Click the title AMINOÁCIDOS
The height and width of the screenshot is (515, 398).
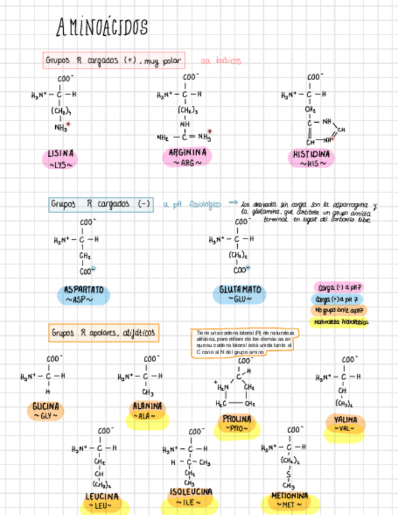tap(102, 27)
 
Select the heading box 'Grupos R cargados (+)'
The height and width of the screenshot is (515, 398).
tap(113, 61)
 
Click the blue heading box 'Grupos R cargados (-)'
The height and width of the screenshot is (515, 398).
tap(100, 204)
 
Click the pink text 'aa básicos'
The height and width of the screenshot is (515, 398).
tap(221, 61)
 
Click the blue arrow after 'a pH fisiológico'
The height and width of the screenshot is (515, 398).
tap(232, 203)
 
